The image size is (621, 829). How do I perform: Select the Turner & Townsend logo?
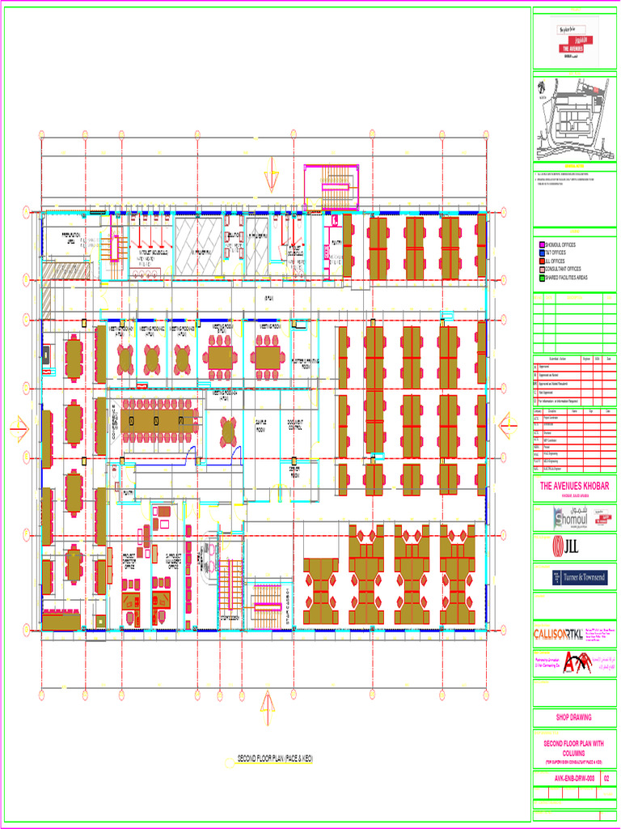573,578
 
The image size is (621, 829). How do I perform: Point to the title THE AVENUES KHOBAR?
574,486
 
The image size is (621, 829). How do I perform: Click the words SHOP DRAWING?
573,717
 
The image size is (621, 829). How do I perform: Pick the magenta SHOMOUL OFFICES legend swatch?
542,244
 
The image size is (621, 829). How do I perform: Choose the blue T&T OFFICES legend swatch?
542,253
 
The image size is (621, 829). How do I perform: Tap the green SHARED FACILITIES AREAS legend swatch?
542,277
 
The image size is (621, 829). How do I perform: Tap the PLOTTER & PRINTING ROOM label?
306,363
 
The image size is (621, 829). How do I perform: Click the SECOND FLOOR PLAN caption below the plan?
275,759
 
